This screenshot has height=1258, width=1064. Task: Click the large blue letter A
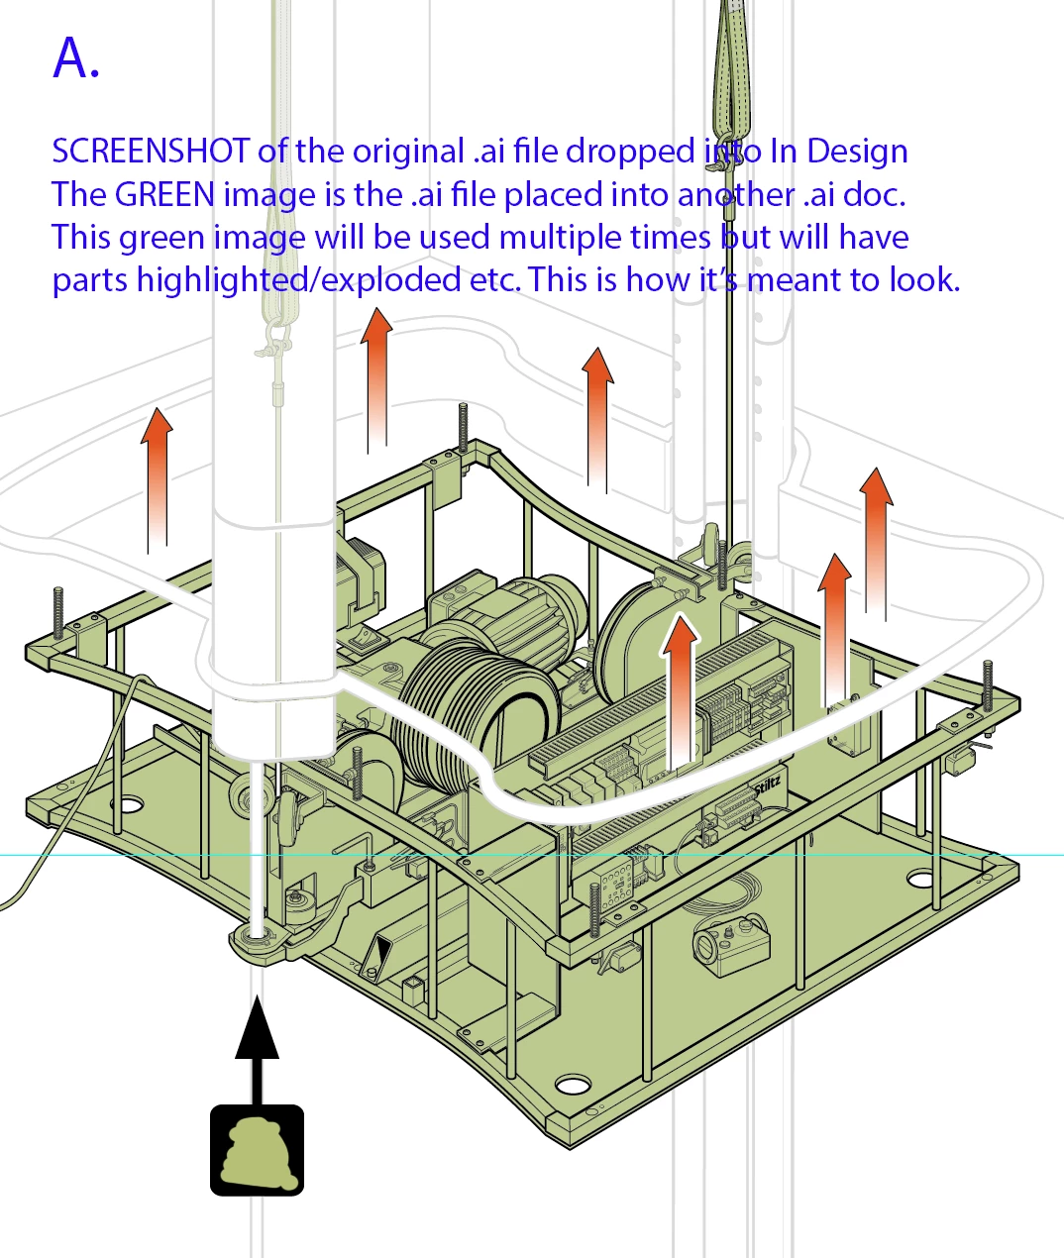75,59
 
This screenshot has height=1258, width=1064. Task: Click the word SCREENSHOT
150,152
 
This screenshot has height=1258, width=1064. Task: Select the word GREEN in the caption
164,194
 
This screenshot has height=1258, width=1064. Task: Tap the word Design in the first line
857,152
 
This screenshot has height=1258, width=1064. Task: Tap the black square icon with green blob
257,1150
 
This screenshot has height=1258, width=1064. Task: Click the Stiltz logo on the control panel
768,784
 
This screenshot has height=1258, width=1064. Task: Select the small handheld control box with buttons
731,946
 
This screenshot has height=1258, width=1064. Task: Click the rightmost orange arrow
875,540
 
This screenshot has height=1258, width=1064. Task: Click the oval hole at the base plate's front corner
572,1086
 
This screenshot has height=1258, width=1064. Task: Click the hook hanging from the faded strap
272,342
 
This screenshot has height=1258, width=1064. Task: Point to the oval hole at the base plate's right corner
920,879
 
